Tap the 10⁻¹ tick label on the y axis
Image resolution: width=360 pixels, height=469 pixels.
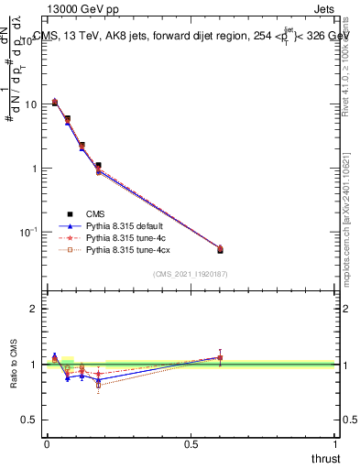tap(28, 233)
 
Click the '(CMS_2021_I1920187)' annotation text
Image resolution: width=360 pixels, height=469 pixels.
tap(190, 274)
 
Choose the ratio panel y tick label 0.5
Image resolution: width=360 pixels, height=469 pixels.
tap(29, 420)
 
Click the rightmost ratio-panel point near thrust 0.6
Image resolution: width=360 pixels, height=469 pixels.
tap(220, 357)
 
